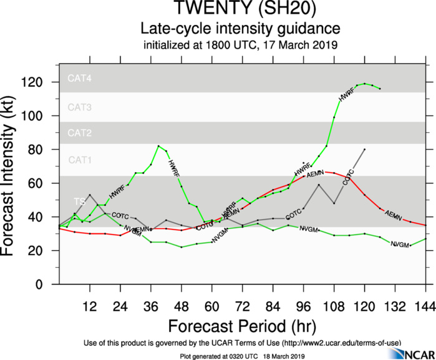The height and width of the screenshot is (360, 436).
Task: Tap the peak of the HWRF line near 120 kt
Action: coord(364,83)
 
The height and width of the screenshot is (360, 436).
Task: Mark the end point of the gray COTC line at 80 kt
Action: coord(364,150)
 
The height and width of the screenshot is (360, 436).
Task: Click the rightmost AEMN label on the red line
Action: coord(393,215)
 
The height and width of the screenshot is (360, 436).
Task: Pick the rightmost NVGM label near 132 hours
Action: coord(399,245)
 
